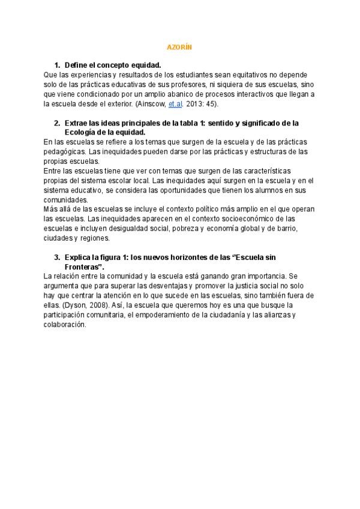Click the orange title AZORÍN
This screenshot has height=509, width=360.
coord(179,46)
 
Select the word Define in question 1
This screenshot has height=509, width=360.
coord(76,65)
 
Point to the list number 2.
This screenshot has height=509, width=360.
coord(56,123)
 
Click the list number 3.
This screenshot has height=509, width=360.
coord(56,257)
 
